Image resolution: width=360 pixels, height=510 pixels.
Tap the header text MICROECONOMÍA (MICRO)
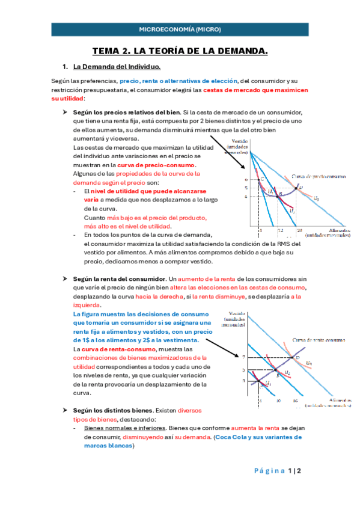point(180,29)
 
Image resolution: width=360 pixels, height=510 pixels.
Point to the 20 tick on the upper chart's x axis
point(299,230)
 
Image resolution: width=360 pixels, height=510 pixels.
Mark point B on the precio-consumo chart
point(280,194)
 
